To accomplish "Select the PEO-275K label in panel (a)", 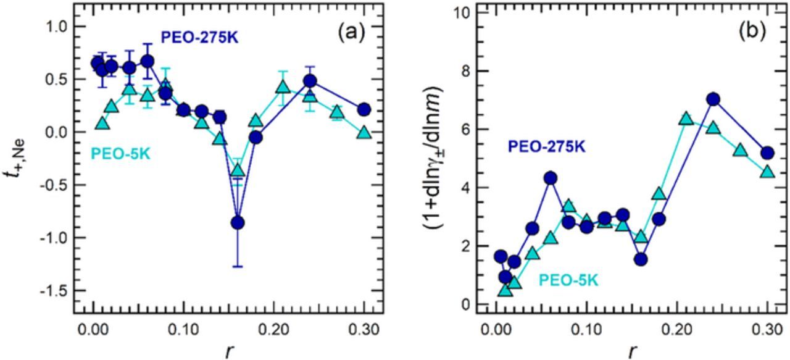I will [x=200, y=37].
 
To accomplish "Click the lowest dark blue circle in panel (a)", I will [x=238, y=222].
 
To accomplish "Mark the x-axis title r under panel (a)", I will [x=229, y=351].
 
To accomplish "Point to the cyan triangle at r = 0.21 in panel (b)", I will [x=686, y=119].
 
